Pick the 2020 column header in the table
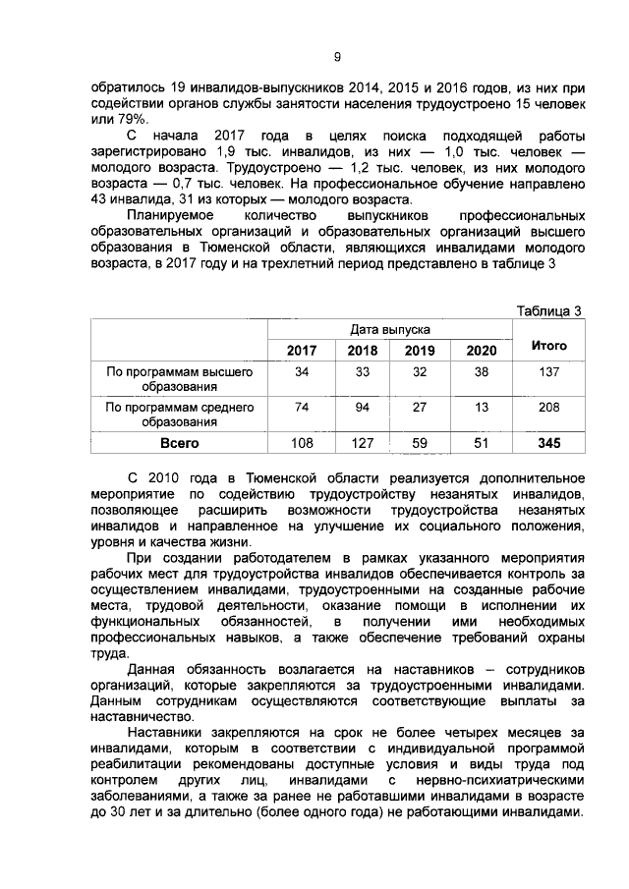pyautogui.click(x=481, y=351)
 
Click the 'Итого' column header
pyautogui.click(x=548, y=346)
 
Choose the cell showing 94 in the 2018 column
pyautogui.click(x=363, y=407)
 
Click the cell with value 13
pyautogui.click(x=481, y=407)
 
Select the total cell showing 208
pyautogui.click(x=548, y=407)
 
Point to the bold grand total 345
pyautogui.click(x=548, y=443)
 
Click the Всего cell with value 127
pyautogui.click(x=363, y=443)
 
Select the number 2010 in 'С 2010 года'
pyautogui.click(x=166, y=476)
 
